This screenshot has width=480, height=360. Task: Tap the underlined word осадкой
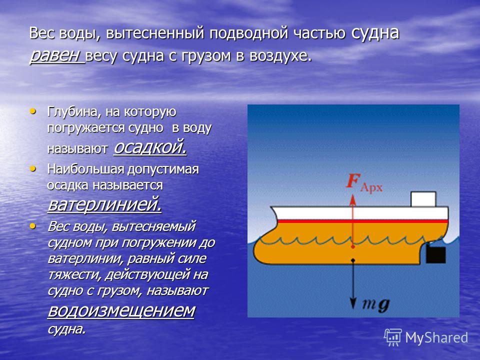click(150, 147)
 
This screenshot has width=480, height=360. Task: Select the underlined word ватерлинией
click(104, 204)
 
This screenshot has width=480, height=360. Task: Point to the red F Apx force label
click(364, 183)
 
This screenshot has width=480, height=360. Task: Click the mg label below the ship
click(376, 304)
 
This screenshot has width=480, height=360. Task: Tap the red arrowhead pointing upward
click(353, 200)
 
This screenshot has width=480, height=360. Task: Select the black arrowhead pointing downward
click(353, 303)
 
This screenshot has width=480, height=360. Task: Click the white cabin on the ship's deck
click(423, 199)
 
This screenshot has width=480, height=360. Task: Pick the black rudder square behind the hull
click(436, 255)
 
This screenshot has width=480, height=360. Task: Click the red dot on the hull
click(353, 246)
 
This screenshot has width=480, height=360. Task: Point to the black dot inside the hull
click(353, 260)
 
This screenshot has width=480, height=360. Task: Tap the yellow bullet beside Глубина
click(32, 111)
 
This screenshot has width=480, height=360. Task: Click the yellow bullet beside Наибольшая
click(32, 168)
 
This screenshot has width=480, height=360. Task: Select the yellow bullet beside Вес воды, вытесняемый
click(32, 226)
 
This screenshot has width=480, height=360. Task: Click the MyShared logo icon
click(393, 337)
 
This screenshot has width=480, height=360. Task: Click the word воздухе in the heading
click(281, 56)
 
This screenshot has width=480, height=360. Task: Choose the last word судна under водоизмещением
click(66, 329)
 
